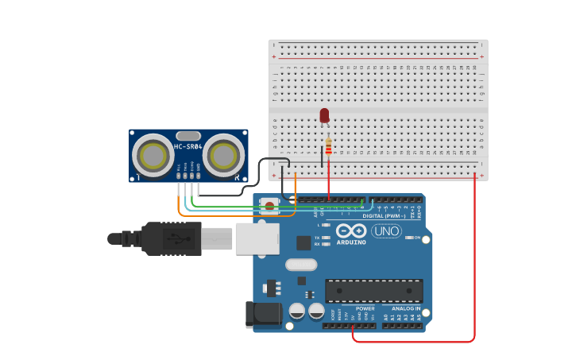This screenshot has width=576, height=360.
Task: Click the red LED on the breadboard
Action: [324, 116]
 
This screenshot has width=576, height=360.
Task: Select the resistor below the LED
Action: [329, 146]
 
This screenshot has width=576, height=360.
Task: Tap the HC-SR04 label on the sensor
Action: [188, 146]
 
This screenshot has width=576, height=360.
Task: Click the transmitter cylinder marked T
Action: [153, 154]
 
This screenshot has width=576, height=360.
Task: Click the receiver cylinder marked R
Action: [223, 154]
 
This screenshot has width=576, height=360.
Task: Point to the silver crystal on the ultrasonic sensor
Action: [188, 135]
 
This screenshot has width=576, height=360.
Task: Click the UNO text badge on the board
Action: [386, 231]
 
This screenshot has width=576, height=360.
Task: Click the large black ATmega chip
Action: [373, 290]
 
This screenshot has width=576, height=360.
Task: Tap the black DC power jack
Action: [264, 315]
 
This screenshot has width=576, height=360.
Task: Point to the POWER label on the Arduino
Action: [365, 308]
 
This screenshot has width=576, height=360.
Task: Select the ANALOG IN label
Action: [406, 308]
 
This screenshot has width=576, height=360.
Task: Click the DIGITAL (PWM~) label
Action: [384, 215]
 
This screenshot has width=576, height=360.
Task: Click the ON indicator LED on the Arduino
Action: [408, 238]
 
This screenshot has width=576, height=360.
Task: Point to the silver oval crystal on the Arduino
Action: [300, 265]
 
